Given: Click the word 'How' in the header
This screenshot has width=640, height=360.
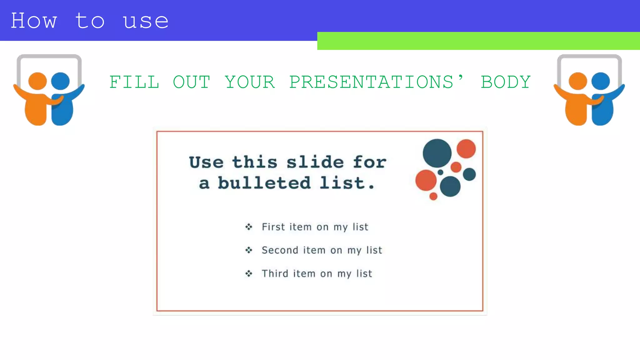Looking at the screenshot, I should point(34,21).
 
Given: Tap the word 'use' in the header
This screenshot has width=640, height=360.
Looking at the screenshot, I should point(146,22).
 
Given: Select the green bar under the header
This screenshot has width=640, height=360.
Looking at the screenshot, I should point(478,41).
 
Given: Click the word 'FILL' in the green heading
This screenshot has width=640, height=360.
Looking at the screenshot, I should point(134,82).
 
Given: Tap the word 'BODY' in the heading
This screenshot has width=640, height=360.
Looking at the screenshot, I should point(505,82).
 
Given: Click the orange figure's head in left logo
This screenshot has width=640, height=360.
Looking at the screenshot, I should point(37,81).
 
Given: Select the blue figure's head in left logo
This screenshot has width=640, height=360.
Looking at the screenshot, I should point(60,81).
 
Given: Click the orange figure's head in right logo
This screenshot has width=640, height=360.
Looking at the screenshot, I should point(578,81).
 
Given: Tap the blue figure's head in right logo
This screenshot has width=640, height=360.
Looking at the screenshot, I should point(600,81).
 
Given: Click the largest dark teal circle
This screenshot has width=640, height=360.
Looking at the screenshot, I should point(437,153).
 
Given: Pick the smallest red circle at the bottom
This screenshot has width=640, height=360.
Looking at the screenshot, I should point(433,196).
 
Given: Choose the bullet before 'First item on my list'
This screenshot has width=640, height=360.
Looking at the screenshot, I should point(249,227).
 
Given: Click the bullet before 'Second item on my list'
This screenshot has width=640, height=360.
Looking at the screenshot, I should point(249,250).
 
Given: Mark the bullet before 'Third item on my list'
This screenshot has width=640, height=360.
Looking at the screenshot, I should point(249,274).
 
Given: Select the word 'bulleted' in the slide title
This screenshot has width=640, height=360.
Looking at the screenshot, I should point(264,183).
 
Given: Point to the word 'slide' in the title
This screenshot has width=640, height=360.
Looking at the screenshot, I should point(315,162).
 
